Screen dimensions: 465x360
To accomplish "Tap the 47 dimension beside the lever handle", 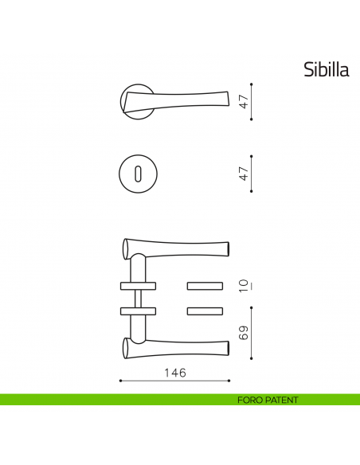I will [245, 101].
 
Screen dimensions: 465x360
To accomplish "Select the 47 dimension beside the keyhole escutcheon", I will [245, 173].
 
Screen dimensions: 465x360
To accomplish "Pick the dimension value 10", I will [245, 286].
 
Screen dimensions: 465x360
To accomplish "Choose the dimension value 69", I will [245, 333].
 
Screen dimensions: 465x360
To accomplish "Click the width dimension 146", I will [175, 372].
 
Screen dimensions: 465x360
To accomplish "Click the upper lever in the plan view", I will [179, 249].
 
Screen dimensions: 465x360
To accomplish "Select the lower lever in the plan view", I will [179, 345].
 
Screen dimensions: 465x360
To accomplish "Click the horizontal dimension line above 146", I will [174, 381].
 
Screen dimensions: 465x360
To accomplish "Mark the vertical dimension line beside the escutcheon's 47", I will [252, 173].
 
